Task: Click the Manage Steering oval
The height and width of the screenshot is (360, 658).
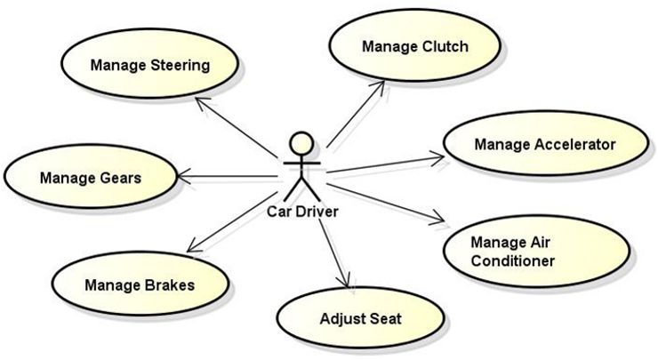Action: (149, 64)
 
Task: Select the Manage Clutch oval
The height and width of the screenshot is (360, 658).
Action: (414, 46)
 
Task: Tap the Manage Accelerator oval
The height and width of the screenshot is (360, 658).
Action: (544, 144)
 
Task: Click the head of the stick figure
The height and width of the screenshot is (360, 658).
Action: (302, 142)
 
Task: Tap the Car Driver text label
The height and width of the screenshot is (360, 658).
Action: (303, 212)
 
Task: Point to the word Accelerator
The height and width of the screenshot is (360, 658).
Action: (574, 144)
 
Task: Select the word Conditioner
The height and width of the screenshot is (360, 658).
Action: (512, 260)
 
